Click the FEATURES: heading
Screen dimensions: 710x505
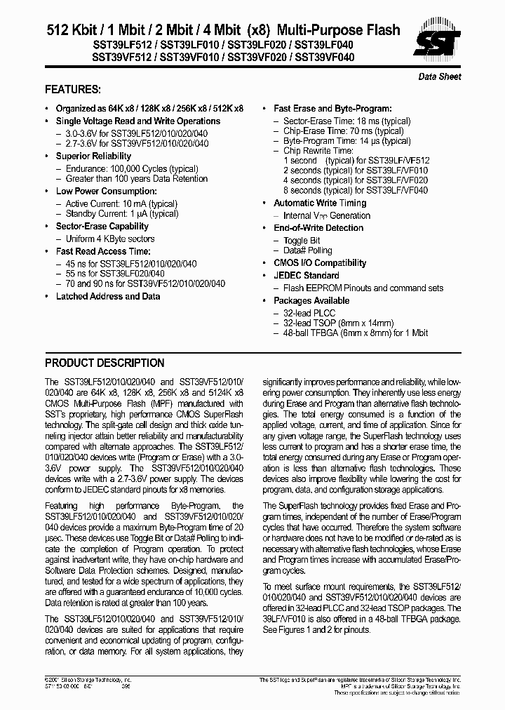[x=72, y=90]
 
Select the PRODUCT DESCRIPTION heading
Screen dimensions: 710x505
[x=105, y=363]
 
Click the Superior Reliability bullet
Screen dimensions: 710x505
[x=93, y=156]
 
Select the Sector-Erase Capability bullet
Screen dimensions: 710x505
[x=102, y=226]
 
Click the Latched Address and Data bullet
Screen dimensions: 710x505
[x=107, y=296]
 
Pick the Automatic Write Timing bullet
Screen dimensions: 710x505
[x=320, y=203]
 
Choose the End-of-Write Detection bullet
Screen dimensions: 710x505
[x=318, y=228]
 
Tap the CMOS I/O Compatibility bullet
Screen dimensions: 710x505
[x=320, y=263]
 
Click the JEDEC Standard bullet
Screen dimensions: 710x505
[x=306, y=276]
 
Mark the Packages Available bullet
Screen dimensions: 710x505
[x=311, y=300]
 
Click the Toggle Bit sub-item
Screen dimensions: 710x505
[x=302, y=241]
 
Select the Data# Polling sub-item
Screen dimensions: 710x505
[x=307, y=250]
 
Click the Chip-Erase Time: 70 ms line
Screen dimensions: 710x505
[x=343, y=131]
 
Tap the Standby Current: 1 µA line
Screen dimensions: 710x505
[x=122, y=214]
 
